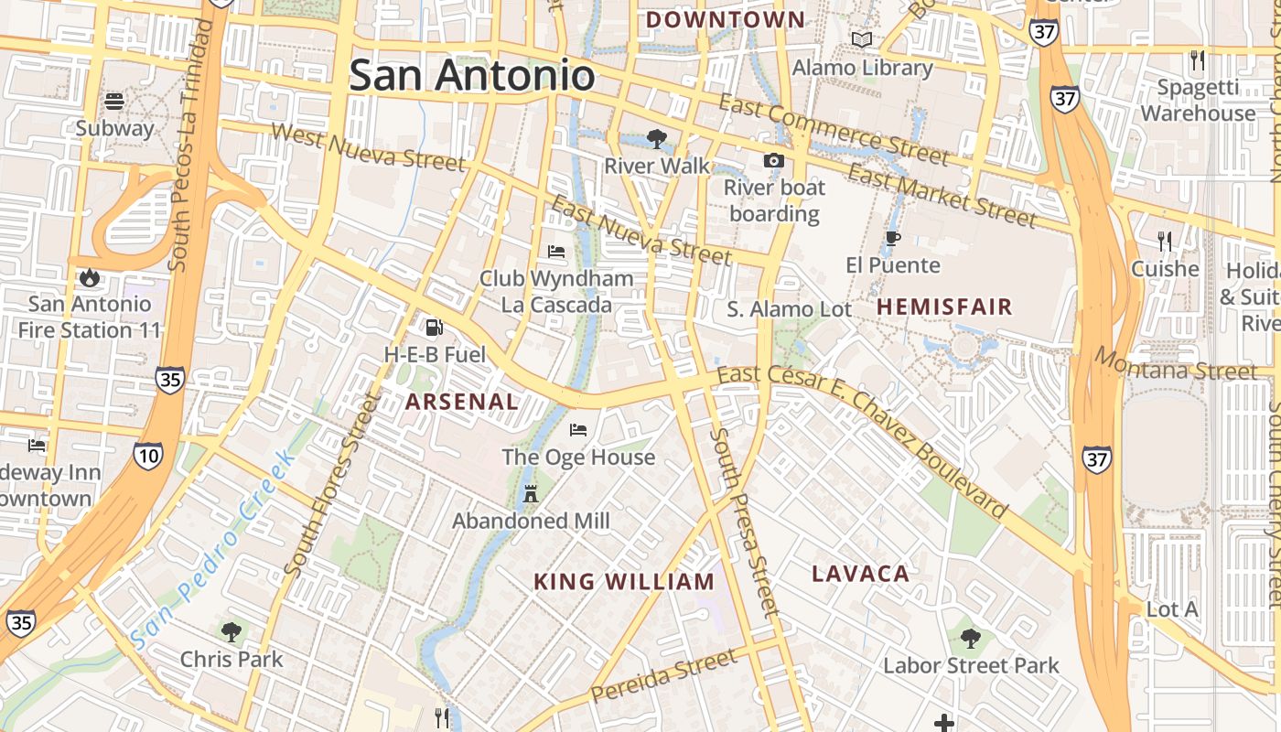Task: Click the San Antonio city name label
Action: (x=472, y=75)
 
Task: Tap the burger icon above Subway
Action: (x=114, y=101)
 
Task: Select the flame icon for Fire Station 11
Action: (x=89, y=276)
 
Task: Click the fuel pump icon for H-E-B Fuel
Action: (x=434, y=327)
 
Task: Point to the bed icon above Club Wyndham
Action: (x=556, y=252)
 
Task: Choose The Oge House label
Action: (x=578, y=457)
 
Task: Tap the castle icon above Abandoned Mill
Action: (x=530, y=494)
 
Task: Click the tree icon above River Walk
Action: (x=656, y=139)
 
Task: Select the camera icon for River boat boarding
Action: (x=774, y=161)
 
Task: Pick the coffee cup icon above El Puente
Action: (x=893, y=239)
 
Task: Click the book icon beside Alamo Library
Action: (x=862, y=39)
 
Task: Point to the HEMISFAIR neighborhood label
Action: (x=945, y=307)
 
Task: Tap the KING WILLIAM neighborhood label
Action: (x=624, y=582)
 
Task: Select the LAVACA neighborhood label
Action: (x=861, y=575)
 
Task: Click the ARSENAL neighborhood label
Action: (x=462, y=402)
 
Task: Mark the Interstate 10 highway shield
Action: (x=147, y=455)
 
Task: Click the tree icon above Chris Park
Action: (x=231, y=631)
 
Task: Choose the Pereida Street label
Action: (x=663, y=676)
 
